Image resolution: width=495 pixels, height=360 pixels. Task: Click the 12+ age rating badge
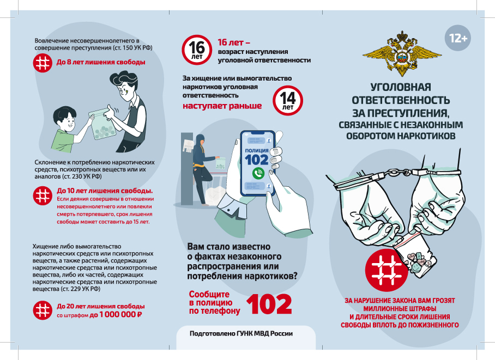(x=458, y=38)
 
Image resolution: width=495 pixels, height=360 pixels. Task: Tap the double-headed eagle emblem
(x=402, y=53)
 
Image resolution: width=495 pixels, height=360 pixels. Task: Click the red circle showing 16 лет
(x=197, y=50)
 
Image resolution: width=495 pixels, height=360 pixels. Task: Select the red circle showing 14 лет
(x=288, y=100)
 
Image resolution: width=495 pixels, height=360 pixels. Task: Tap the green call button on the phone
(x=258, y=173)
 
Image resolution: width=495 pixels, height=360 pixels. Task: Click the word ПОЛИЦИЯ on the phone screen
(x=257, y=151)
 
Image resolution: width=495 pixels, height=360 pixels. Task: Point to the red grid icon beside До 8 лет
(x=43, y=63)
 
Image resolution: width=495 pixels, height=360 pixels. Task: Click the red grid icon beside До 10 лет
(x=43, y=196)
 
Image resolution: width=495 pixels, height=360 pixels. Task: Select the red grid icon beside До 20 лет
(x=43, y=310)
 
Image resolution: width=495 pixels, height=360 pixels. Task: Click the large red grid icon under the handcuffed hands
(x=387, y=270)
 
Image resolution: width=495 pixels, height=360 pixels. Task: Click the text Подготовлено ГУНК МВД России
(x=241, y=333)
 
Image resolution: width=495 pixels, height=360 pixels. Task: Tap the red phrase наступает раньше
(x=222, y=106)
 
